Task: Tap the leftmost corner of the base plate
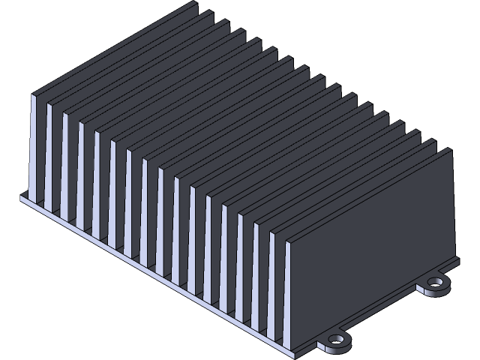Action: pos(22,196)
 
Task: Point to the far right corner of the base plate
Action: pos(457,259)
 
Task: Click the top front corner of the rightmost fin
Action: pos(288,241)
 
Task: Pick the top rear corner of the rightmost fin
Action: pos(451,148)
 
